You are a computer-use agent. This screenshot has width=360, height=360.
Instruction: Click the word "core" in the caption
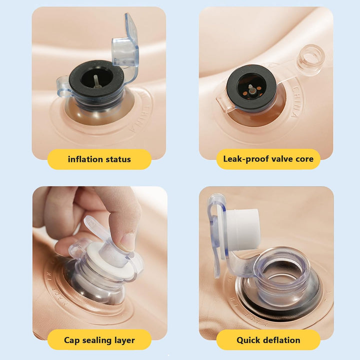pyautogui.click(x=304, y=159)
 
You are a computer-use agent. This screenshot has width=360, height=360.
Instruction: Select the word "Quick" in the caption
pyautogui.click(x=246, y=340)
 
